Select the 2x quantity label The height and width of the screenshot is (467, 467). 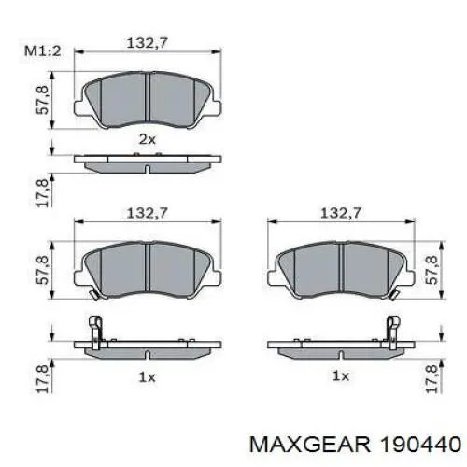147,138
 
